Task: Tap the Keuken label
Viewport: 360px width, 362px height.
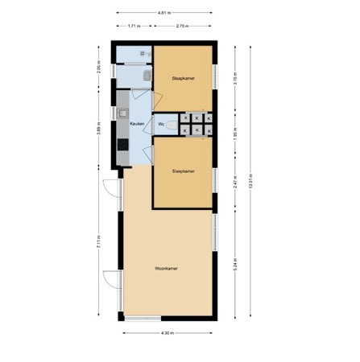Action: pos(135,124)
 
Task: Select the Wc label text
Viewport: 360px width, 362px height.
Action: pos(161,124)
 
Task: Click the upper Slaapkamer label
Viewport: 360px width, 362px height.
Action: pos(183,77)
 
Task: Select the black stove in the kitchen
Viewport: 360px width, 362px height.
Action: pos(122,146)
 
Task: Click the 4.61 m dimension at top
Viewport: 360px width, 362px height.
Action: pos(168,13)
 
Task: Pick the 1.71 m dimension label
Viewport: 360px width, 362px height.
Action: pos(134,27)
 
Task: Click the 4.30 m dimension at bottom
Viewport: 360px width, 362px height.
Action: pos(168,332)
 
